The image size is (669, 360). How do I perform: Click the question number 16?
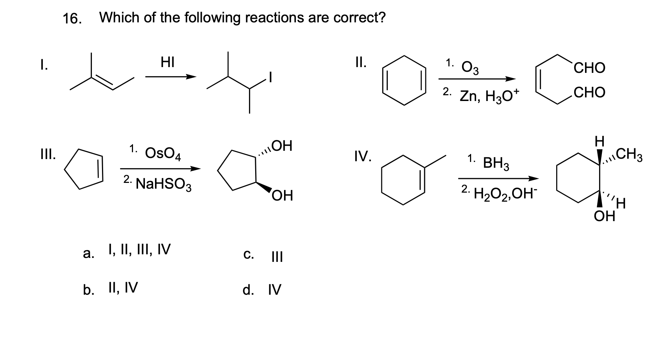click(x=72, y=18)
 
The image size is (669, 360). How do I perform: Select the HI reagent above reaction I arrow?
click(x=168, y=63)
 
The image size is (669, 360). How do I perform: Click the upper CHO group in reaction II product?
click(x=589, y=68)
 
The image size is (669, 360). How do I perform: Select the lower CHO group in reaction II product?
click(x=589, y=93)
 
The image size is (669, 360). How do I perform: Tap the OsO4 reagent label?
click(x=163, y=154)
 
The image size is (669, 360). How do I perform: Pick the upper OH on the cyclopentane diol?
click(x=281, y=146)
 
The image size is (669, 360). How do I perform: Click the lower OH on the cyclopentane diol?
click(x=282, y=197)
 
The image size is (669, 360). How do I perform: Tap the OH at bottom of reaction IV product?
click(x=604, y=217)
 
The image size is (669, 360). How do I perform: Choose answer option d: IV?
click(x=274, y=290)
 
